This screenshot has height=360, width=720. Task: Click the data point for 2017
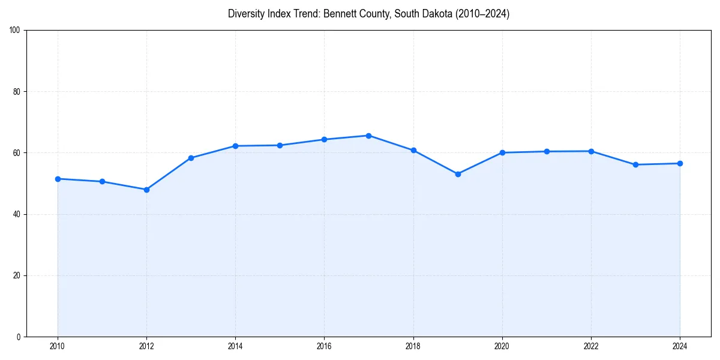368,136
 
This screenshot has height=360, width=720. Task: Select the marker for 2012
146,190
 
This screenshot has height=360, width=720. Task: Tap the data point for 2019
458,174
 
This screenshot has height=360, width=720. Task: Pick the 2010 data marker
58,179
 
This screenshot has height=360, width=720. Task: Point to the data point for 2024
680,163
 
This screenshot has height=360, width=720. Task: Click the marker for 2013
191,158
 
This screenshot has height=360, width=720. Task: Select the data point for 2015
280,145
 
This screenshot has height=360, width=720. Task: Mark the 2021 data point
547,151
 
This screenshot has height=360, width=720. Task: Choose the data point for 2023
635,164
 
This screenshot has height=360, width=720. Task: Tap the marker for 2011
102,181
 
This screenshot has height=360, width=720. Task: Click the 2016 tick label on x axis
324,346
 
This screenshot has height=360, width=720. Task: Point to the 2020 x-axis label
502,346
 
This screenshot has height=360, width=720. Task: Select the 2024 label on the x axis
680,346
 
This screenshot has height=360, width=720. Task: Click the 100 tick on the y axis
15,31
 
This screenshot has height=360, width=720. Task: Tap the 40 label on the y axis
17,214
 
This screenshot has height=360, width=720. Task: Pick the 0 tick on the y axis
19,337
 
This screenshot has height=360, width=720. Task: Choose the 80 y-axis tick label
17,92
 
